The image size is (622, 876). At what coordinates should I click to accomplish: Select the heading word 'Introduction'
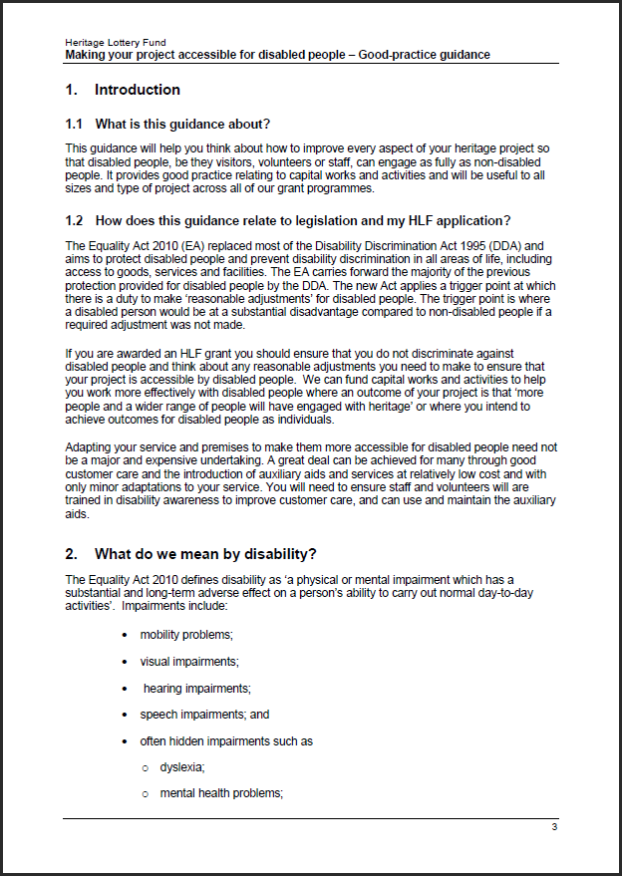coord(138,90)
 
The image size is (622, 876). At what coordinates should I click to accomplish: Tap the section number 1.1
coord(74,125)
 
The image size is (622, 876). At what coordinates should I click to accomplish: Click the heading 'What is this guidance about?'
coord(182,125)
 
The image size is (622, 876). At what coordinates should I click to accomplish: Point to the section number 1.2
coord(74,220)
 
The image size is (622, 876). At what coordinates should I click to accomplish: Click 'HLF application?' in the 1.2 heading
coord(466,220)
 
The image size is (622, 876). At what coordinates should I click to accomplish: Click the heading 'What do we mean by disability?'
coord(206,553)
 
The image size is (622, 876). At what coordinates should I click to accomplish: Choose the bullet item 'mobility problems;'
coord(186,635)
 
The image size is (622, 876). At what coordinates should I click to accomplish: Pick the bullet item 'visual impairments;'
coord(189,661)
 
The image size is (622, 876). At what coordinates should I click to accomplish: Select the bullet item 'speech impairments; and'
coord(204,715)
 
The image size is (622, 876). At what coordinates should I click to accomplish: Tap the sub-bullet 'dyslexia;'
coord(182,767)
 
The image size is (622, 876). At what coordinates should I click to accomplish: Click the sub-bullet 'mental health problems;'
coord(221,793)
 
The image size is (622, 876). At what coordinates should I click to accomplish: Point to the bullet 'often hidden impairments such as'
coord(226,741)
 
